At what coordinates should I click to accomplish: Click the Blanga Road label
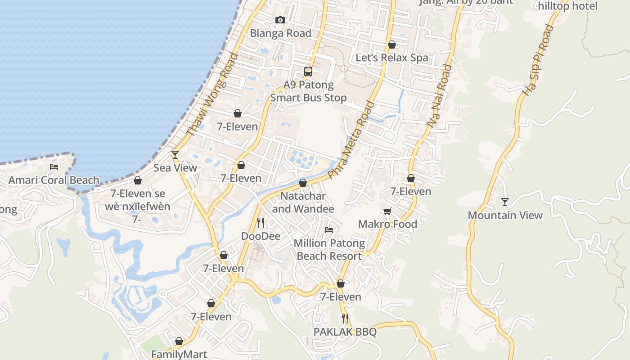[x=280, y=33]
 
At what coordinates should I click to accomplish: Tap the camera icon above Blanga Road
[x=280, y=20]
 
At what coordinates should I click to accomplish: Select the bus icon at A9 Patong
[x=308, y=71]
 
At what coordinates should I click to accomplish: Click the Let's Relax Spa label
[x=392, y=58]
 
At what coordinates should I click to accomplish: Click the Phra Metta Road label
[x=351, y=140]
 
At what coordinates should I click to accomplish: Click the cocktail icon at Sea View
[x=175, y=155]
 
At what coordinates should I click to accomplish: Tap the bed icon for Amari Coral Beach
[x=54, y=167]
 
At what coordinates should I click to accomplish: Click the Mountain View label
[x=505, y=216]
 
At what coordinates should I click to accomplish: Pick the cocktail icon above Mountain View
[x=505, y=202]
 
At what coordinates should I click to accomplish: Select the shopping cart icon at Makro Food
[x=387, y=211]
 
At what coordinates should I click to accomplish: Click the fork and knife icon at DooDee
[x=261, y=222]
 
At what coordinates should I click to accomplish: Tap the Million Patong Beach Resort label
[x=329, y=250]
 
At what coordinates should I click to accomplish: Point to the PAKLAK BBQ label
[x=345, y=332]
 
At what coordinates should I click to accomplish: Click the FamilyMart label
[x=179, y=355]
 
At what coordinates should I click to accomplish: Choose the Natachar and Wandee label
[x=303, y=202]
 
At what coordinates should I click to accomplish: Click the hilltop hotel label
[x=568, y=6]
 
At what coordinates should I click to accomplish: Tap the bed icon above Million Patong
[x=329, y=230]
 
